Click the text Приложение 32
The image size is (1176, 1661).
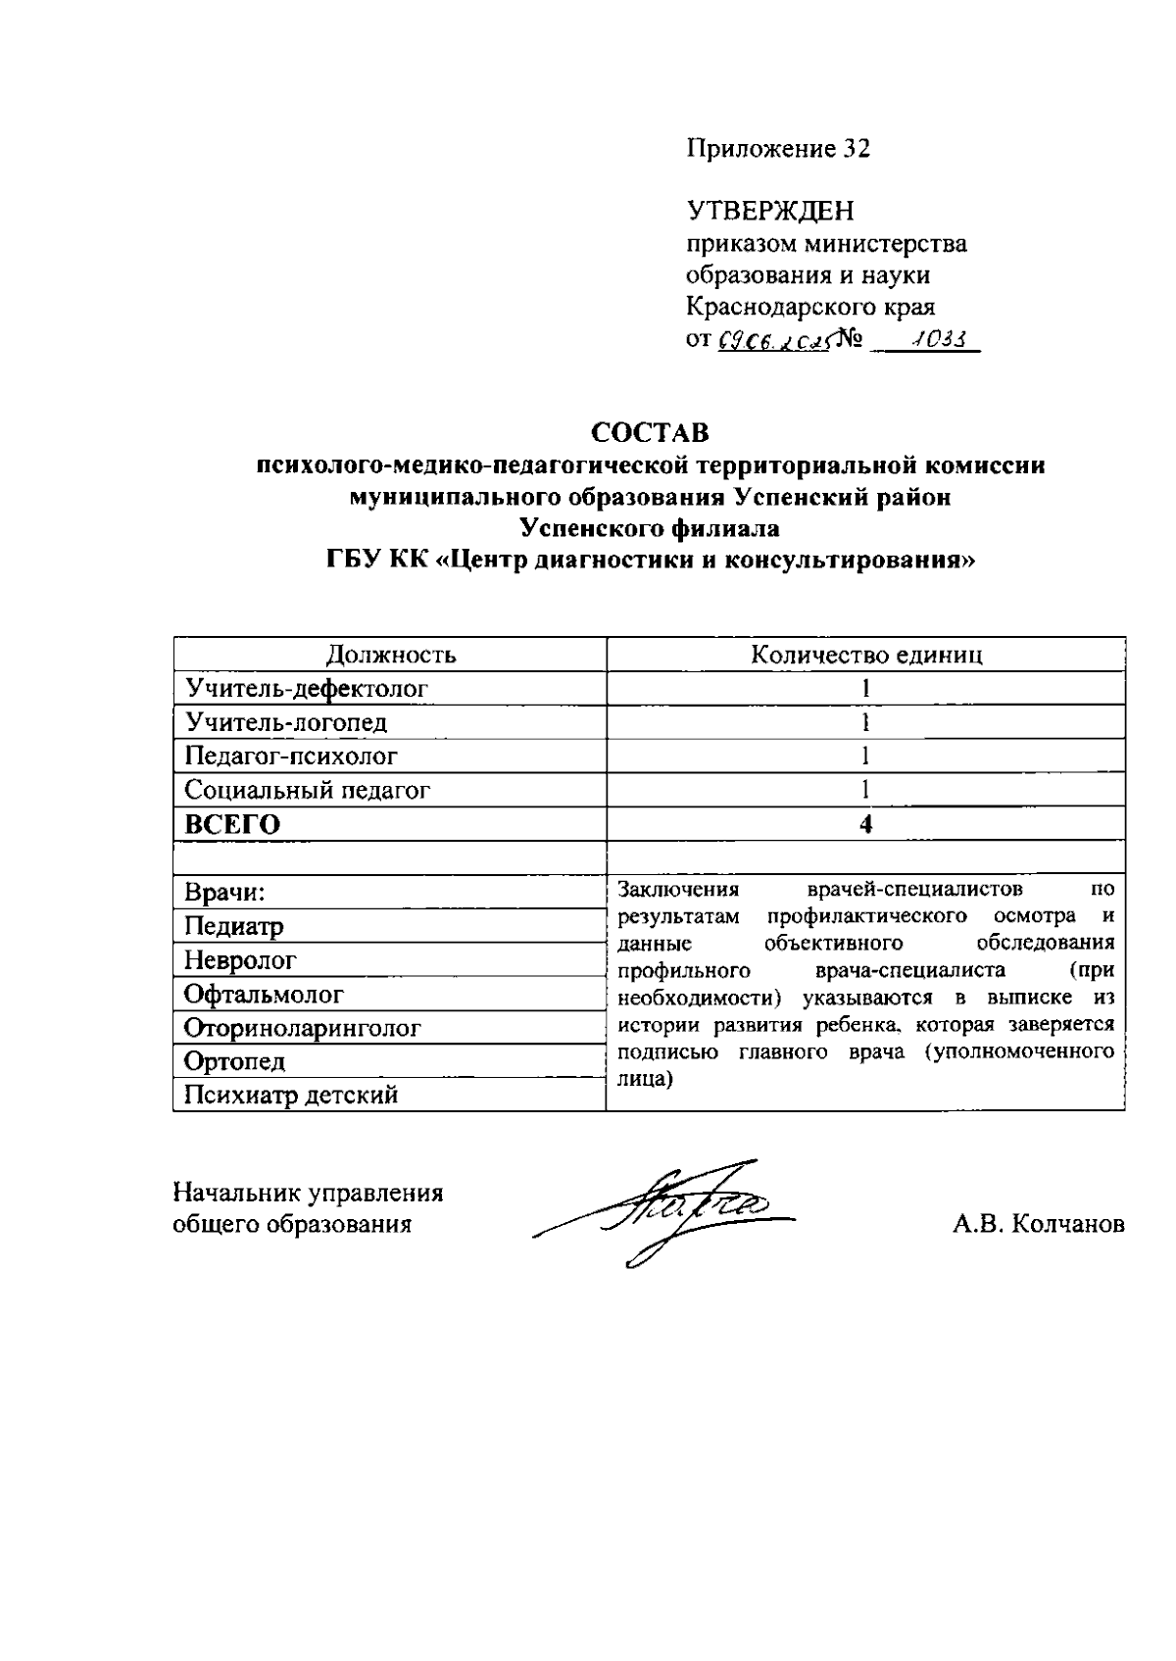pos(777,149)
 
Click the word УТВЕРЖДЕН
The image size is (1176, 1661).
pos(769,211)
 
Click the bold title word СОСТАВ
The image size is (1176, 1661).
pos(650,432)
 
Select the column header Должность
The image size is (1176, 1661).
pos(391,655)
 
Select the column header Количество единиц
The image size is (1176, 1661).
pos(866,655)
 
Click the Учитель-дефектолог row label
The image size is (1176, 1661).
pos(308,689)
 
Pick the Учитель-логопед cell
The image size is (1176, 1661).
pos(286,723)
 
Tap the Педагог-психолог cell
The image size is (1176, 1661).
pos(292,757)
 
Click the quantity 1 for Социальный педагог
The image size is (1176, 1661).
pos(866,790)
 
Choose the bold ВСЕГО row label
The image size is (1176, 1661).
pos(232,825)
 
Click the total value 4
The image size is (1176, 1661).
pos(866,825)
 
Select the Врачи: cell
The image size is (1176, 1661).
pos(226,893)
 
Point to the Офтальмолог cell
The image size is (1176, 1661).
pos(265,995)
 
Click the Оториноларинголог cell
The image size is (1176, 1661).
pos(303,1029)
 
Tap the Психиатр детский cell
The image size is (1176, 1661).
pos(292,1096)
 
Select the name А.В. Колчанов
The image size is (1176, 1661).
pos(1039,1224)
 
